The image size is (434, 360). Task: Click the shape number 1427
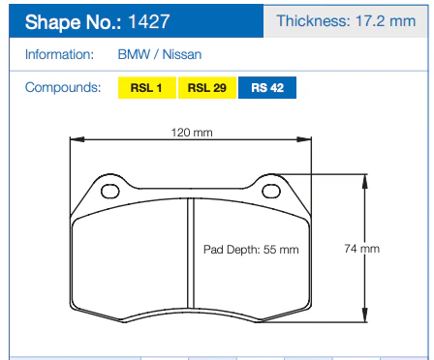point(149,22)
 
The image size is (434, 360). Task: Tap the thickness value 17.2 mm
point(386,21)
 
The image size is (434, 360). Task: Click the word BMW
point(134,54)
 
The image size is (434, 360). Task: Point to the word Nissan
point(182,54)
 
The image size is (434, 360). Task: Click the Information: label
point(59,54)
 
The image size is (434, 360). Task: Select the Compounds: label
point(63,87)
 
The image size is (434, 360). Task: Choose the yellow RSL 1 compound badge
point(147,88)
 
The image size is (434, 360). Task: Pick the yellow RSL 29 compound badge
point(207,88)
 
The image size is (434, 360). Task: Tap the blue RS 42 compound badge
point(267,88)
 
